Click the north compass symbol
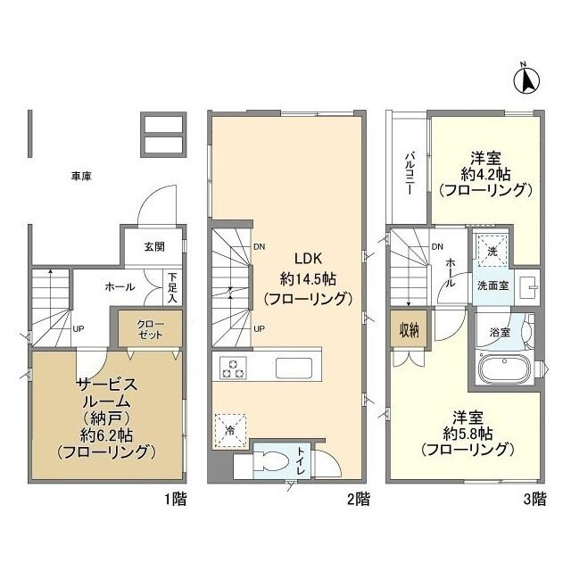[x=526, y=79]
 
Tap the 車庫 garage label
[x=81, y=177]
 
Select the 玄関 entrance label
[x=155, y=247]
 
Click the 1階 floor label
[x=175, y=499]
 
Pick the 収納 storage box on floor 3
[x=409, y=330]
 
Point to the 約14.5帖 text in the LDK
[x=305, y=277]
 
